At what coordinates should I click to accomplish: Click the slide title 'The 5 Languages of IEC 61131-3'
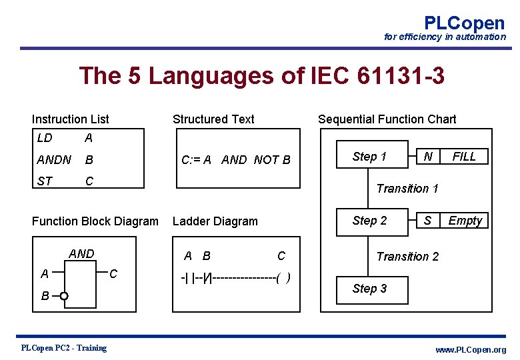coord(261,76)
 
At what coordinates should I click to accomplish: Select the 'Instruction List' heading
coord(71,119)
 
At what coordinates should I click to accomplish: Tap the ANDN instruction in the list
coord(54,160)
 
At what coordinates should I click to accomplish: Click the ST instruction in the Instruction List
coord(45,181)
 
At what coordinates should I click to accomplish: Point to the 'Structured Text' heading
coord(213,119)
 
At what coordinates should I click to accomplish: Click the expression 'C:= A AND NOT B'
coord(237,160)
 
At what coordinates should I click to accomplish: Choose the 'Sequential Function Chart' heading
coord(387,119)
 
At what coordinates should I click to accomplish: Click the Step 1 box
coord(370,157)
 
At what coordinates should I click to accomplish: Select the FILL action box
coord(464,157)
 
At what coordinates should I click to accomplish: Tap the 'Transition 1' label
coord(407,189)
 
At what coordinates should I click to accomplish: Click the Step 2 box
coord(370,221)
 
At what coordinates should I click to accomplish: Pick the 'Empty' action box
coord(465,221)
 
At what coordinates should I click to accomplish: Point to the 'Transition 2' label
coord(407,257)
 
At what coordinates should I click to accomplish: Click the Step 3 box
coord(370,289)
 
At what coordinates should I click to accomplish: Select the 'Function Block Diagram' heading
coord(95,221)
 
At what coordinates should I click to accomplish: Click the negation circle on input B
coord(63,296)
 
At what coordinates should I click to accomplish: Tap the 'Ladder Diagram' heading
coord(215,221)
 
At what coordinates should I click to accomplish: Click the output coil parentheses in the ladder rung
coord(283,278)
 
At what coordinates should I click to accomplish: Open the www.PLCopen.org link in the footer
coord(470,350)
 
